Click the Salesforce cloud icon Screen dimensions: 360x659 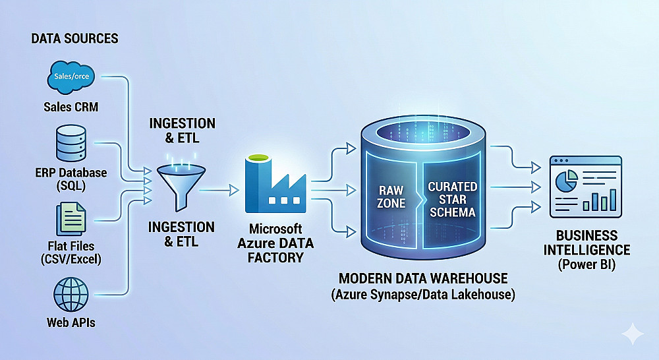pyautogui.click(x=71, y=77)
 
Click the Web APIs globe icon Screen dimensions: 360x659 pyautogui.click(x=71, y=295)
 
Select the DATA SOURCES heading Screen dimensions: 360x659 pyautogui.click(x=74, y=38)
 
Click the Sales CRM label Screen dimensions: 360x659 pyautogui.click(x=71, y=107)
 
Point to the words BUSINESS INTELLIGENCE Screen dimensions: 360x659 pyautogui.click(x=586, y=243)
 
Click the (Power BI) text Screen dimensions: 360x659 pyautogui.click(x=586, y=266)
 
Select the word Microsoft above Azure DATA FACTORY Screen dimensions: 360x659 pyautogui.click(x=275, y=229)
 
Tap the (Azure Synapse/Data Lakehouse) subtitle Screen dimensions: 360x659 pyautogui.click(x=421, y=295)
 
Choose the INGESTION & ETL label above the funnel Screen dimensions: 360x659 pyautogui.click(x=181, y=131)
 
